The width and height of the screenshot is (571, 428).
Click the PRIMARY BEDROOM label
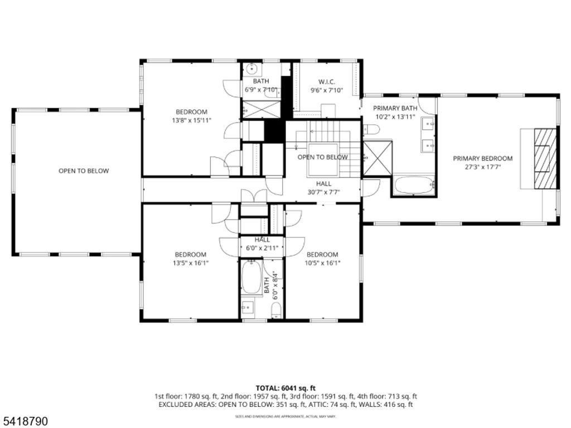[482, 158]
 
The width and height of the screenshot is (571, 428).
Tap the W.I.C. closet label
[326, 82]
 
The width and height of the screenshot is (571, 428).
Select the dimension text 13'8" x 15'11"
[191, 120]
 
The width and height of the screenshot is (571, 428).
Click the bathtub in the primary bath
[413, 184]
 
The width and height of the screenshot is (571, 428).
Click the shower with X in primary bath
[378, 159]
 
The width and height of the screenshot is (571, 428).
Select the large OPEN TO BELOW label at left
[84, 171]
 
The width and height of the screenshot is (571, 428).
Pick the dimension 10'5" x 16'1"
[322, 263]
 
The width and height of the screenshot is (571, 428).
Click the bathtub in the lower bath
[251, 278]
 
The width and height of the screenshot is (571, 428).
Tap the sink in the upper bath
[252, 70]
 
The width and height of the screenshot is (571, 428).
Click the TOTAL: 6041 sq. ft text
[285, 387]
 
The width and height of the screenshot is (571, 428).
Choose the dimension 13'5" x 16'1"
[190, 263]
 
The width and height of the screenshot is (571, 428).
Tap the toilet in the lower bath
[275, 310]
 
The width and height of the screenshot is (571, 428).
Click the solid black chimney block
[274, 131]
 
